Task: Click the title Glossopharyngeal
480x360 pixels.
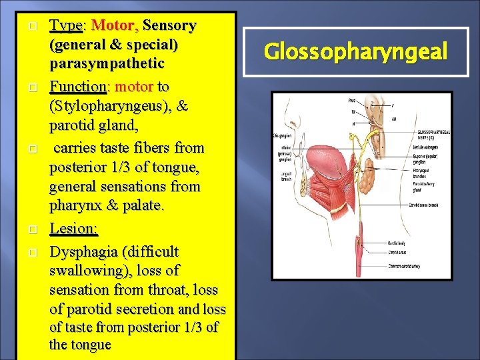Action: pyautogui.click(x=355, y=52)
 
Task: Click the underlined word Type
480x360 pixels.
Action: pyautogui.click(x=65, y=26)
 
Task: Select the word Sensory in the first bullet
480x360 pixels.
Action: pyautogui.click(x=169, y=26)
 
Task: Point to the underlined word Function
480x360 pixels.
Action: pyautogui.click(x=78, y=87)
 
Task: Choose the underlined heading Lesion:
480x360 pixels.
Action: pyautogui.click(x=74, y=229)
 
